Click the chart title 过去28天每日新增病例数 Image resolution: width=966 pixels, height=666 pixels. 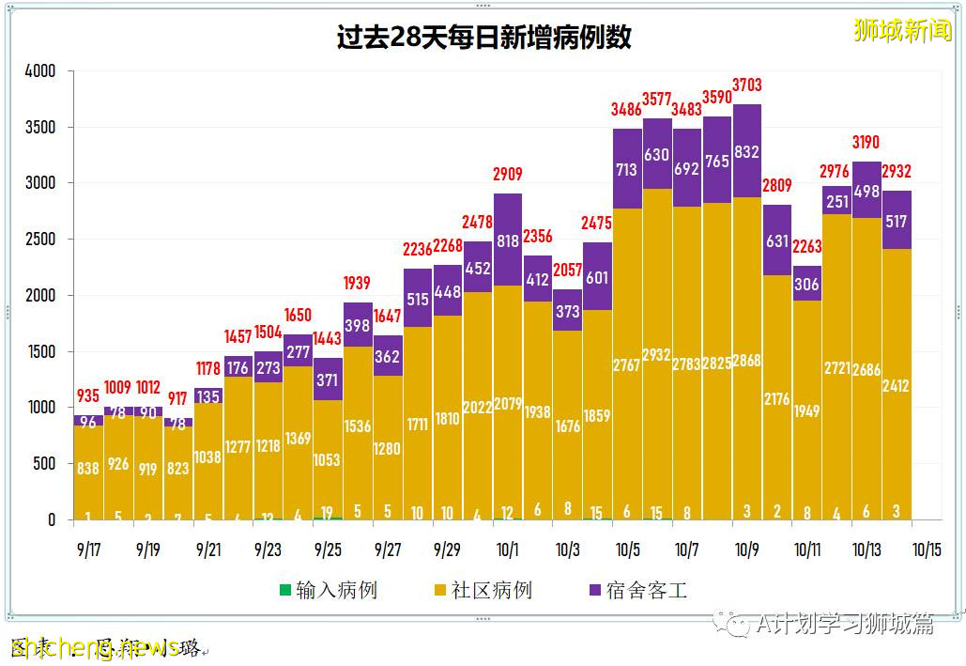tap(483, 38)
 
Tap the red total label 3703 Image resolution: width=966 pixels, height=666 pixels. tap(747, 85)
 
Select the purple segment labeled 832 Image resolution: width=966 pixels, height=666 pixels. tap(747, 151)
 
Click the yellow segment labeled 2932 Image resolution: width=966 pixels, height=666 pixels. tap(657, 354)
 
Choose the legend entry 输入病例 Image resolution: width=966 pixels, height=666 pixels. tap(328, 591)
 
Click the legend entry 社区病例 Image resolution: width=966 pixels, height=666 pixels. tap(482, 591)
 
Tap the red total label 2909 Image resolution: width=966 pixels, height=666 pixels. tap(507, 175)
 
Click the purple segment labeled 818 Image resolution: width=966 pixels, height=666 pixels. tap(507, 241)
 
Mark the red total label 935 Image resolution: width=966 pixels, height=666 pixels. tap(88, 395)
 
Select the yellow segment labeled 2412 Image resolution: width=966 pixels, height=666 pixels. tap(897, 385)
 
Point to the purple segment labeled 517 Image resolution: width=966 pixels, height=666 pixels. tap(897, 221)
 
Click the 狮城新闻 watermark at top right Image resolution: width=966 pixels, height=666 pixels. tap(902, 31)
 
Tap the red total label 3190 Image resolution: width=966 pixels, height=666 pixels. tap(866, 143)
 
